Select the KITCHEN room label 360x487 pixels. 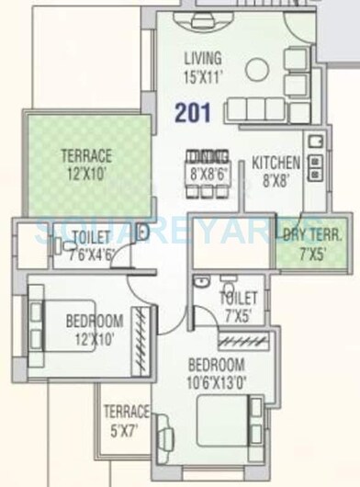[276, 164]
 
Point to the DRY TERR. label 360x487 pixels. [306, 234]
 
